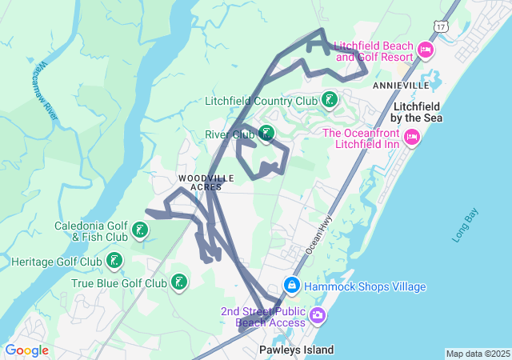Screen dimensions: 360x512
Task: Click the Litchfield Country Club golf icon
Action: point(327,101)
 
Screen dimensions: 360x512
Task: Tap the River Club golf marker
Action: point(266,134)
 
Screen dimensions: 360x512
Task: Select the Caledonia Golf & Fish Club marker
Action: point(140,231)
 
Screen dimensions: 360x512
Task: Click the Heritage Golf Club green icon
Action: point(114,261)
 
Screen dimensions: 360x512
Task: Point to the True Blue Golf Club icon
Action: point(179,282)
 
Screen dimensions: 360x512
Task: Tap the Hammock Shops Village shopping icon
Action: point(292,286)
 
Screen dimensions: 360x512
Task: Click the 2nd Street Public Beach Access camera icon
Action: point(318,315)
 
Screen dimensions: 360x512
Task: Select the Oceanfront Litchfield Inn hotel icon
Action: point(412,138)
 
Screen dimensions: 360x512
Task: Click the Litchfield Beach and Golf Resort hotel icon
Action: point(425,51)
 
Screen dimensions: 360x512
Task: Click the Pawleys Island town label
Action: point(296,350)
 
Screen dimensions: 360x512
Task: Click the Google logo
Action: point(26,350)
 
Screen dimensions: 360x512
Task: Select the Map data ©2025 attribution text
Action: point(477,354)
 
